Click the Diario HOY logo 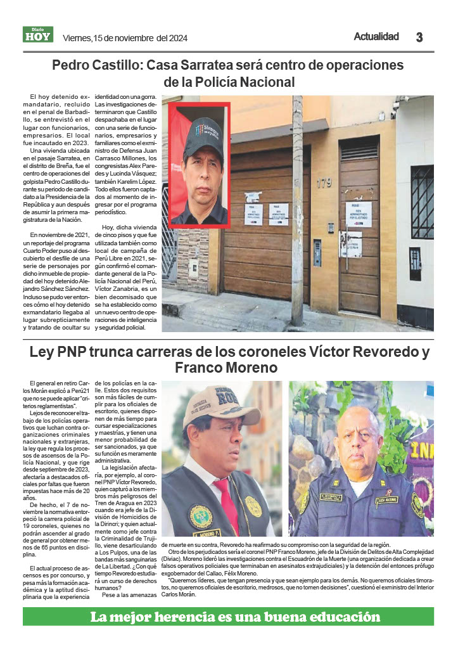38,35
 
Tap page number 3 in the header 419,37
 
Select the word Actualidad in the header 376,37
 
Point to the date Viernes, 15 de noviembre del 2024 125,38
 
